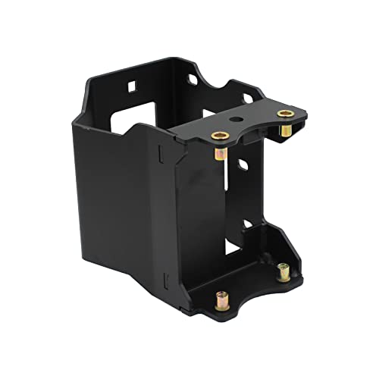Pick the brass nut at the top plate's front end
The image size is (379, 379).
point(219,136)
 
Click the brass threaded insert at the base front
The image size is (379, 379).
point(224,296)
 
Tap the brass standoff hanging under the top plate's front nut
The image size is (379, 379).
point(219,156)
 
